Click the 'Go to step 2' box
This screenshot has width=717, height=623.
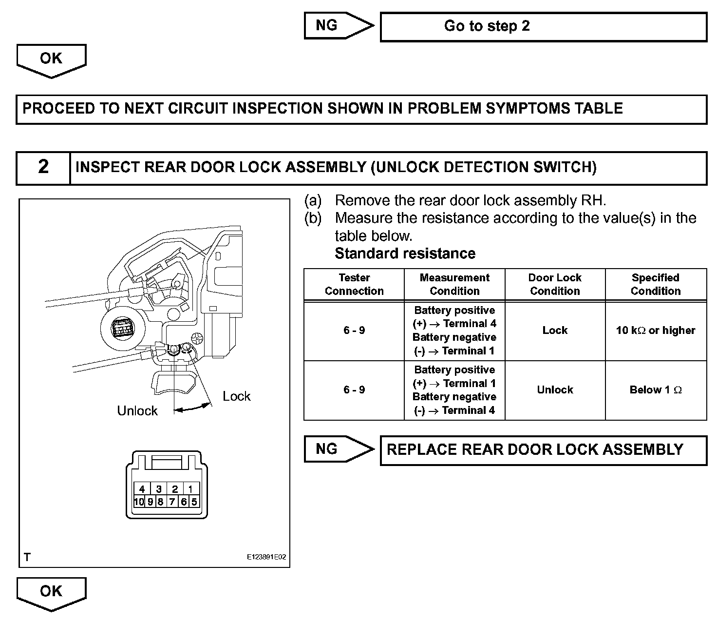(543, 26)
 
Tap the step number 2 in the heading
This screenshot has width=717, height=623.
(43, 167)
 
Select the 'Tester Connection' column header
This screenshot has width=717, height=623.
(354, 284)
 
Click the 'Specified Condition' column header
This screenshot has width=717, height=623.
(655, 284)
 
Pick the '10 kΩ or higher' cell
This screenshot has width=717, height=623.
(655, 331)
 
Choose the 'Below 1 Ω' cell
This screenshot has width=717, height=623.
(655, 390)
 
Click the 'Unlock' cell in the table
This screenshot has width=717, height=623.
(555, 390)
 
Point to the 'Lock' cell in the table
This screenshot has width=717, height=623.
(555, 331)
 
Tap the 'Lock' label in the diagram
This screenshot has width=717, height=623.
(236, 396)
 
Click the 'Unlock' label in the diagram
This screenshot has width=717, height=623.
(137, 410)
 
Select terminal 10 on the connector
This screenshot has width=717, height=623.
(139, 502)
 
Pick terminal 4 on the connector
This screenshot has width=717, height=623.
(142, 489)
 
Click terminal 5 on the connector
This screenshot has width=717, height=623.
(194, 502)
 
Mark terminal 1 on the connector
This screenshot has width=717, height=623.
(190, 489)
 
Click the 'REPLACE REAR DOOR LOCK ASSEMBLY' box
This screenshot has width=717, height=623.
(543, 450)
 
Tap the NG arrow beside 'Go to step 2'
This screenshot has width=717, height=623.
(339, 26)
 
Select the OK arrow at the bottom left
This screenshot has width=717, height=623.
(51, 593)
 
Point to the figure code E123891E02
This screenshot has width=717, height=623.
(266, 557)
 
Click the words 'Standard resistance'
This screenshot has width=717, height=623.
(405, 253)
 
